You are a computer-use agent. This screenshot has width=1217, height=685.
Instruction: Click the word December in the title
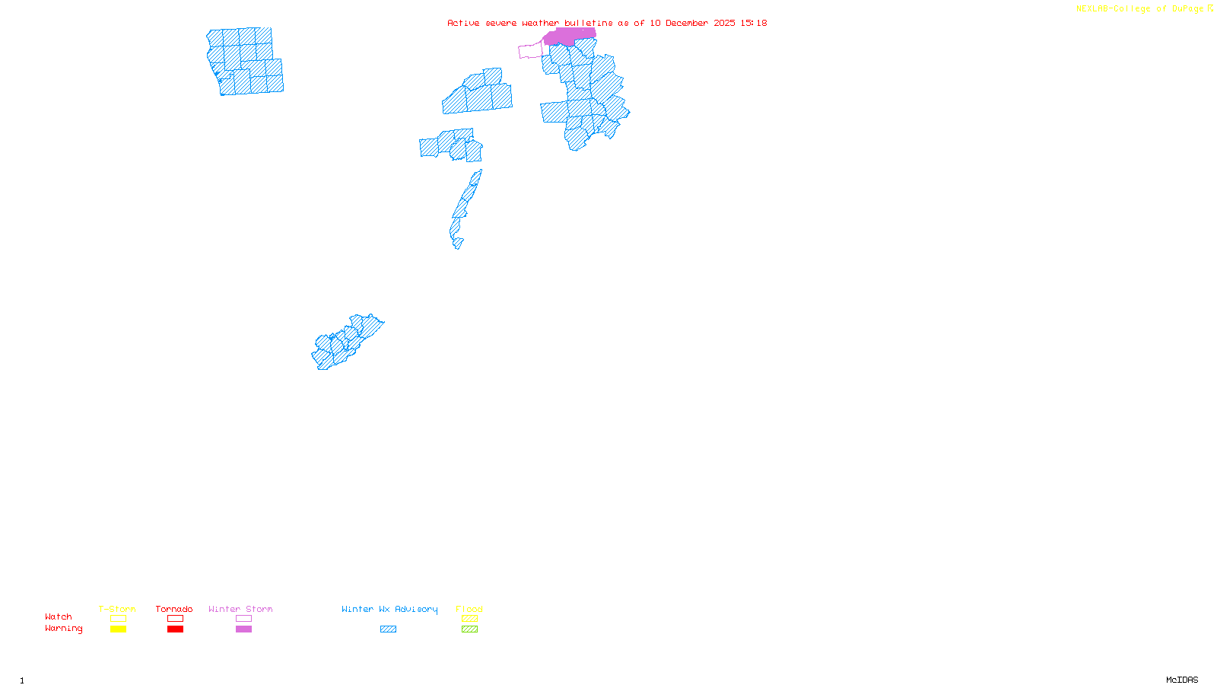[x=687, y=23]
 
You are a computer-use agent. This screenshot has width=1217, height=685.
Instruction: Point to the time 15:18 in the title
[x=753, y=23]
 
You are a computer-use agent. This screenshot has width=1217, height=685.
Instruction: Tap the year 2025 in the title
[x=724, y=23]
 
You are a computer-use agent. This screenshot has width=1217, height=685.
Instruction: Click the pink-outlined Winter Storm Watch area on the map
[x=530, y=51]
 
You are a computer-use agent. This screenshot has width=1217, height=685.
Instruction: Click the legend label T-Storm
[x=117, y=609]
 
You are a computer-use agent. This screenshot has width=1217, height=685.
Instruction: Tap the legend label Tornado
[x=174, y=609]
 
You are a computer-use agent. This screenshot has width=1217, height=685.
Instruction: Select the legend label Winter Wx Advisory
[x=389, y=609]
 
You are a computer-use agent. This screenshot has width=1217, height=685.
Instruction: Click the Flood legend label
[x=469, y=609]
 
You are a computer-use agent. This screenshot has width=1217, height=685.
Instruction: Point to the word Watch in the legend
[x=59, y=616]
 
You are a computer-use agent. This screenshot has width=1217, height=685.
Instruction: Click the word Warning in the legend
[x=63, y=629]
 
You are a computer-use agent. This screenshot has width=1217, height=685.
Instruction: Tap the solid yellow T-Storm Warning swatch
[x=118, y=629]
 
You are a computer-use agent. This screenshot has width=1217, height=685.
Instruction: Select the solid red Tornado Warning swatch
[x=175, y=629]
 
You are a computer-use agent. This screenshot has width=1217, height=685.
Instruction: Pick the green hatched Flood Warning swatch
[x=469, y=629]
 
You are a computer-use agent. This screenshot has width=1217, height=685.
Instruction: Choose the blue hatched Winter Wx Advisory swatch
[x=388, y=629]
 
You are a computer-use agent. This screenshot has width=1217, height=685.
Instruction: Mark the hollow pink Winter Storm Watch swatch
[x=243, y=619]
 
